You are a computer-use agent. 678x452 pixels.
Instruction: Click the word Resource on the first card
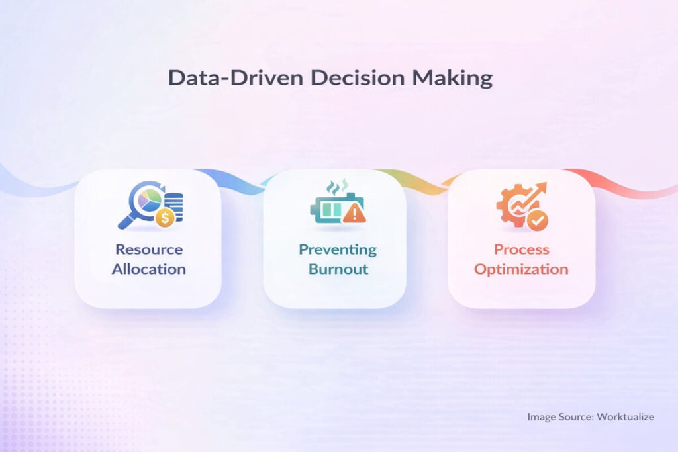[148, 249]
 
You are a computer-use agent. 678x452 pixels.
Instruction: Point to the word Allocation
[148, 269]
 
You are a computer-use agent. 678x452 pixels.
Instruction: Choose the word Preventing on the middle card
[337, 249]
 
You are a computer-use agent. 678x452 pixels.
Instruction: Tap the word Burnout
[337, 269]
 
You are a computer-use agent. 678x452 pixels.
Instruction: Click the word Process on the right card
[521, 249]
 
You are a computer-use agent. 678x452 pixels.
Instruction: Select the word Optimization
[521, 269]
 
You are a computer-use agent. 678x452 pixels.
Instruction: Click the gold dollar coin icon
[166, 218]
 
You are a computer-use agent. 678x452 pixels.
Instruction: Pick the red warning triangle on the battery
[355, 213]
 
